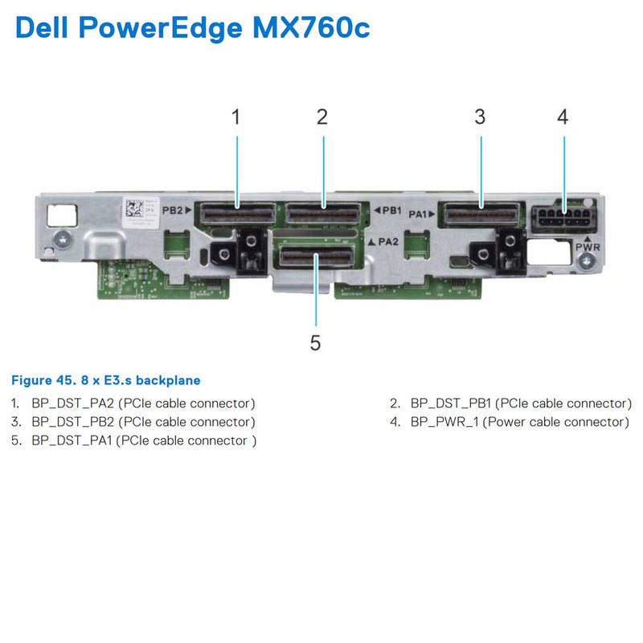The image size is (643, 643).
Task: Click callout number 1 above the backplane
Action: [236, 117]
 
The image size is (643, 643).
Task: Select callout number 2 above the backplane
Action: [322, 117]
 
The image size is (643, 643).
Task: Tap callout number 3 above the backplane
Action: [480, 117]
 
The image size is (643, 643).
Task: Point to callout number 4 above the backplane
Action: [563, 117]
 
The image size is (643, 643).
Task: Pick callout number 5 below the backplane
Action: [315, 343]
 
